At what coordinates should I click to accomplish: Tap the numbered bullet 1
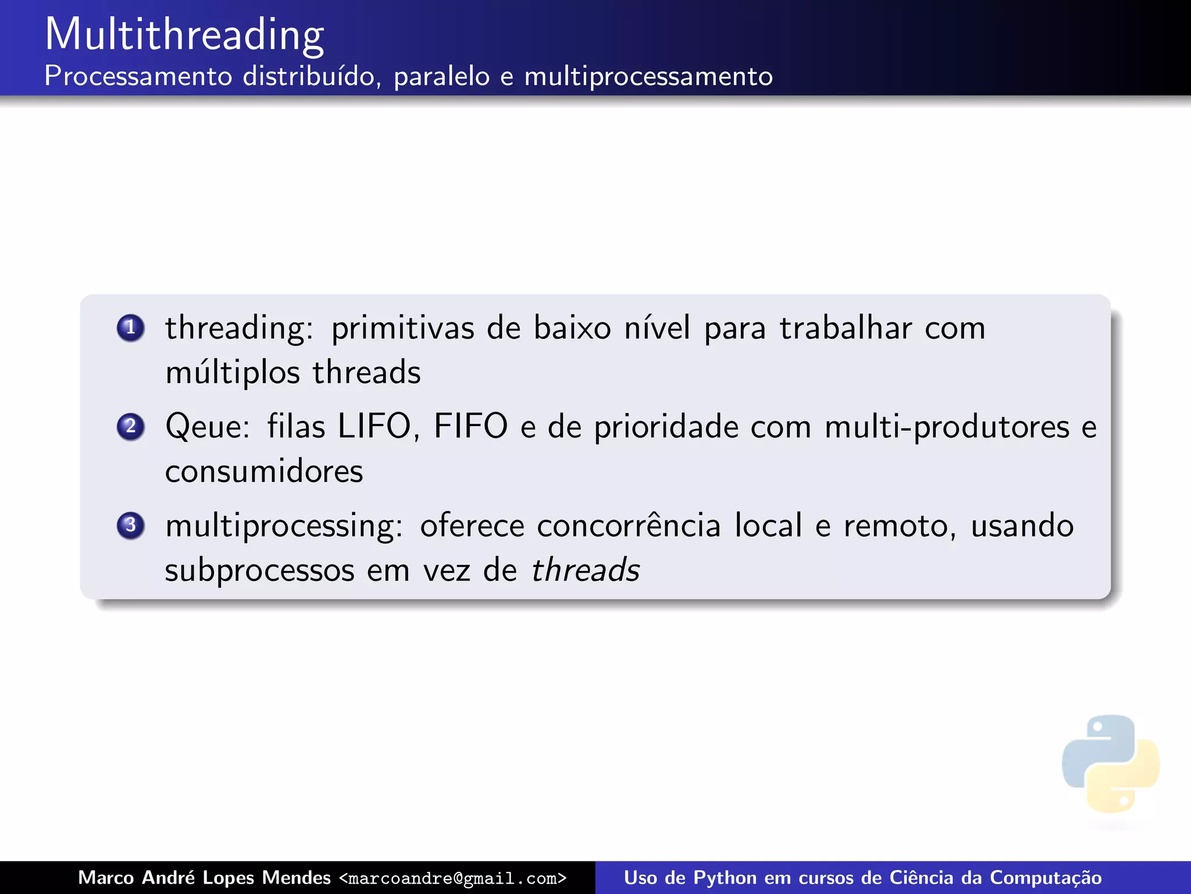pos(130,327)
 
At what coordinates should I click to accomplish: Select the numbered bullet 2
pos(130,426)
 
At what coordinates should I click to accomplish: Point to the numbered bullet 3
pos(130,525)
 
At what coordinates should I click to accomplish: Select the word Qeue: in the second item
pos(208,427)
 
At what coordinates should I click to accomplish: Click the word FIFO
pos(470,427)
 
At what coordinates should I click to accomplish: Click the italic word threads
pos(586,570)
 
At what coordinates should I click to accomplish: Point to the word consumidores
pos(264,471)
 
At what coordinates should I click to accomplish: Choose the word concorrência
pos(629,526)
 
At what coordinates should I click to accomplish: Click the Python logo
pos(1110,763)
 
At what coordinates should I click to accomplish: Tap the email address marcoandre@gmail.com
pos(452,878)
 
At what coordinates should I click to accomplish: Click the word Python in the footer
pos(725,878)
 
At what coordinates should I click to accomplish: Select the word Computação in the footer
pos(1045,878)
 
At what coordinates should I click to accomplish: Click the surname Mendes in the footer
pos(296,878)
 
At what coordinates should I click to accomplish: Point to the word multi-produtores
pos(947,427)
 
